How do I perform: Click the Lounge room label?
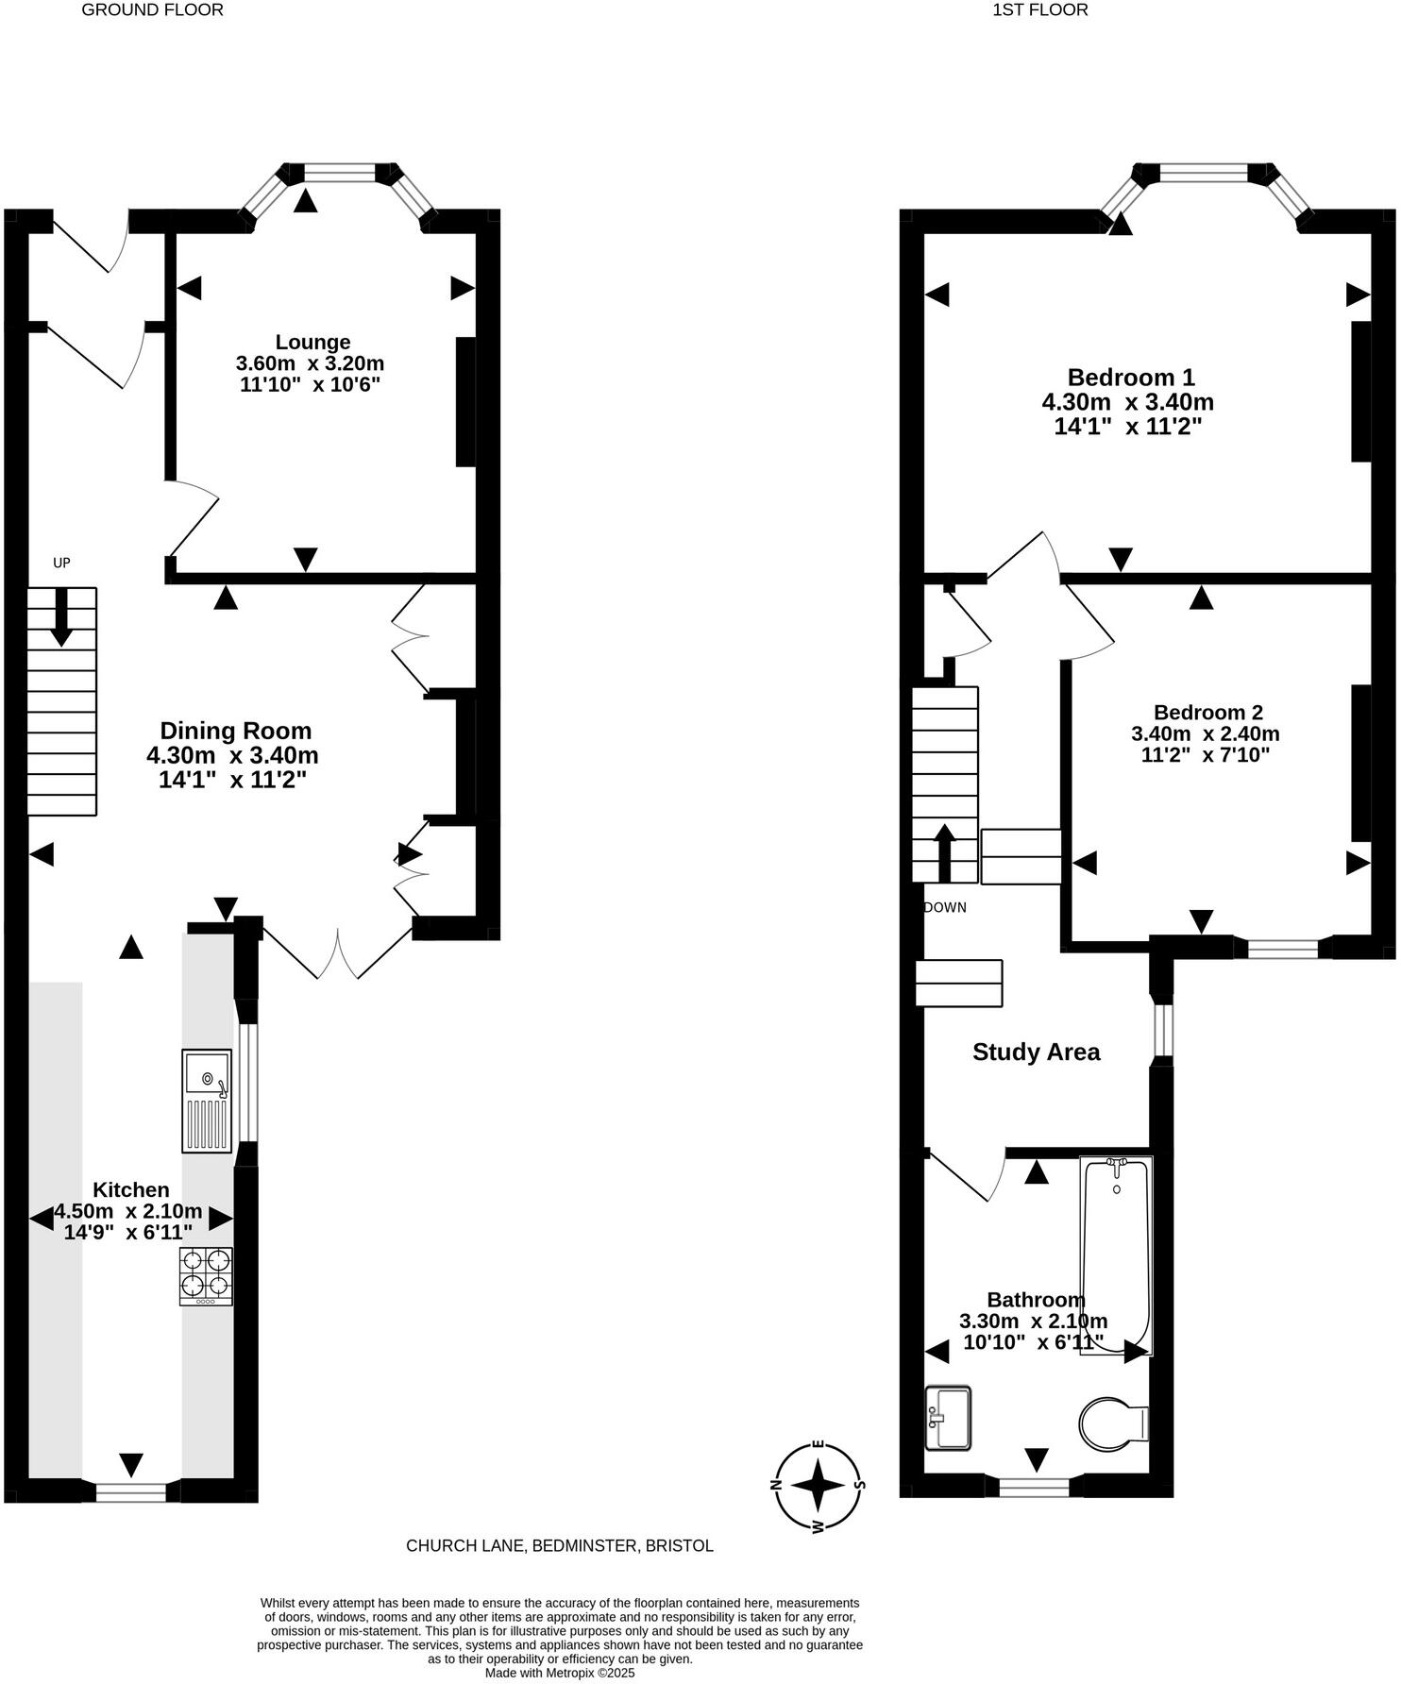click(312, 342)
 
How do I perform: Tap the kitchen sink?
click(207, 1101)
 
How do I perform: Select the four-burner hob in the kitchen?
click(206, 1275)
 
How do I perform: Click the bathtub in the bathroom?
click(1116, 1255)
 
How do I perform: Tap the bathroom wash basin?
click(948, 1417)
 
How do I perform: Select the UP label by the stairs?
click(61, 564)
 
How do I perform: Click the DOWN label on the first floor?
click(945, 908)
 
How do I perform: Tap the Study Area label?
click(1036, 1052)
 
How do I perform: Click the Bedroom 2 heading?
click(1207, 713)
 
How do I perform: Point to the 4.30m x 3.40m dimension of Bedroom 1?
click(1127, 402)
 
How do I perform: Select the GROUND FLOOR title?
click(153, 10)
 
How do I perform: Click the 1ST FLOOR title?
click(1039, 10)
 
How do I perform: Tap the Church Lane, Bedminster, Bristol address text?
click(559, 1545)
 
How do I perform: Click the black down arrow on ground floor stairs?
click(61, 616)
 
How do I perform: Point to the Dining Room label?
click(235, 731)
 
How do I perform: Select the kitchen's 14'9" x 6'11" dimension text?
click(127, 1232)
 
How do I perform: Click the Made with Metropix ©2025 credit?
click(559, 1673)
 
